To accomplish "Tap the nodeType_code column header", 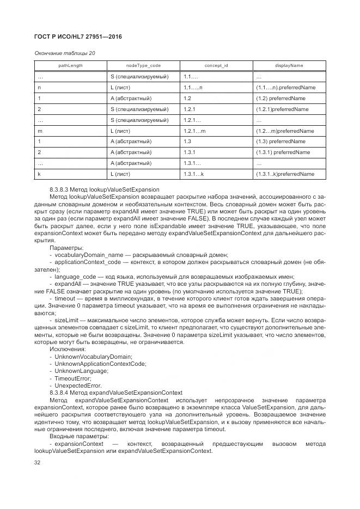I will tap(144, 65).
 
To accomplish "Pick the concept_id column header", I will tap(216, 65).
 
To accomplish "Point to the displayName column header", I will tap(289, 65).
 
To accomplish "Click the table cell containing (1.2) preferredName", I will tap(280, 99).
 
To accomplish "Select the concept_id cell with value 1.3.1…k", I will tap(193, 174).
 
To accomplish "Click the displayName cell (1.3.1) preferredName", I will tap(283, 152).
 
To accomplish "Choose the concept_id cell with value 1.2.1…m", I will tap(194, 131).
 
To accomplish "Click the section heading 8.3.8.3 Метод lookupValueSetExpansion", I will tap(104, 189).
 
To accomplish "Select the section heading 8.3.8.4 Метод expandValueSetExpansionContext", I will tap(115, 393).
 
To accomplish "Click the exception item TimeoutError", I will tap(72, 378).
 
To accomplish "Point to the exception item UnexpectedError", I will tap(76, 385).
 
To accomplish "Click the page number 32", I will tap(38, 463).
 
